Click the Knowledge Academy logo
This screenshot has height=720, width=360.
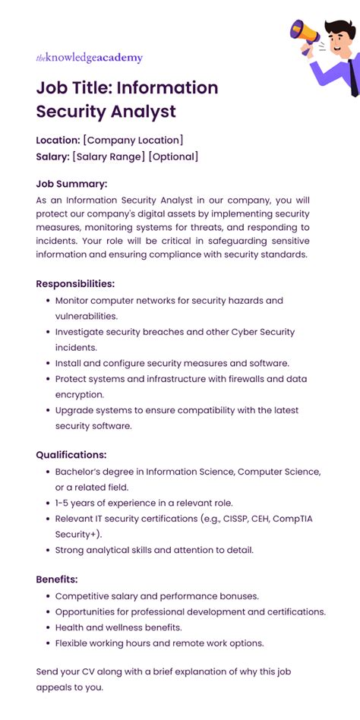coord(89,58)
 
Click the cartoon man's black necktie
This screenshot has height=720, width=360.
coord(353,73)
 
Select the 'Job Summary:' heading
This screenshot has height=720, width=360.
coord(71,183)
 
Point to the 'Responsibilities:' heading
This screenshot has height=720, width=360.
coord(75,283)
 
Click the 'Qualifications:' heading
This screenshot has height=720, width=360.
coord(71,455)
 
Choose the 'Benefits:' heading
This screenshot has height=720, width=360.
coord(57,579)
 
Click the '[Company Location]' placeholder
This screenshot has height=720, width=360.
coord(133,140)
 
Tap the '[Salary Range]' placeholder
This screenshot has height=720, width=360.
coord(109,156)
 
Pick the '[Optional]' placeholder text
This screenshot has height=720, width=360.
coord(173,156)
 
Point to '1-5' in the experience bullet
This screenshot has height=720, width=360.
coord(65,503)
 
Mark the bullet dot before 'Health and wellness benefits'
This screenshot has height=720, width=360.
coord(46,627)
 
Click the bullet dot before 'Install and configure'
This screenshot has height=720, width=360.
coord(46,363)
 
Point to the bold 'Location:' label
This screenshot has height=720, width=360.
coord(58,140)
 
